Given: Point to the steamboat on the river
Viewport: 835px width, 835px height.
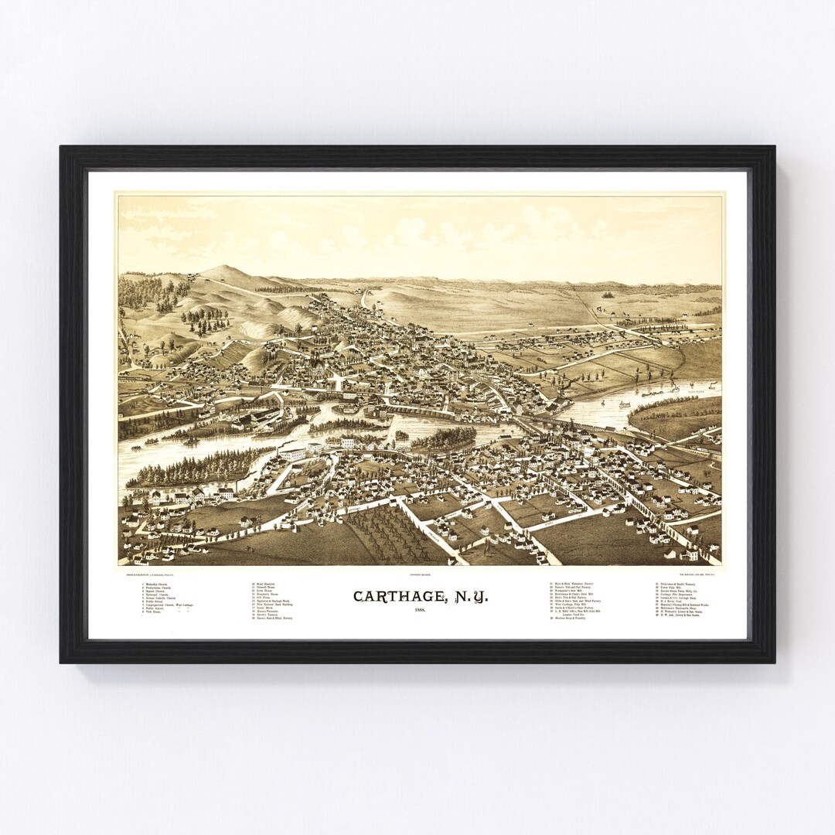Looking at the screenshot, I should click(624, 404).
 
